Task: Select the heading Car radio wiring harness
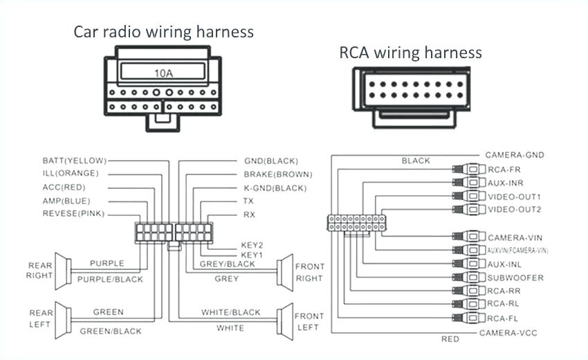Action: (163, 31)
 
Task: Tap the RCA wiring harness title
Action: (410, 52)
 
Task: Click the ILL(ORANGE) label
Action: (71, 173)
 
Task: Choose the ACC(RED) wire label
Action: (65, 187)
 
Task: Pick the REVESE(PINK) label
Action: (73, 214)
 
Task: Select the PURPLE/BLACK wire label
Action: (111, 279)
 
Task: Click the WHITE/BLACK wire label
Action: (231, 312)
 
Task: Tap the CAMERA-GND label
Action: (515, 154)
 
